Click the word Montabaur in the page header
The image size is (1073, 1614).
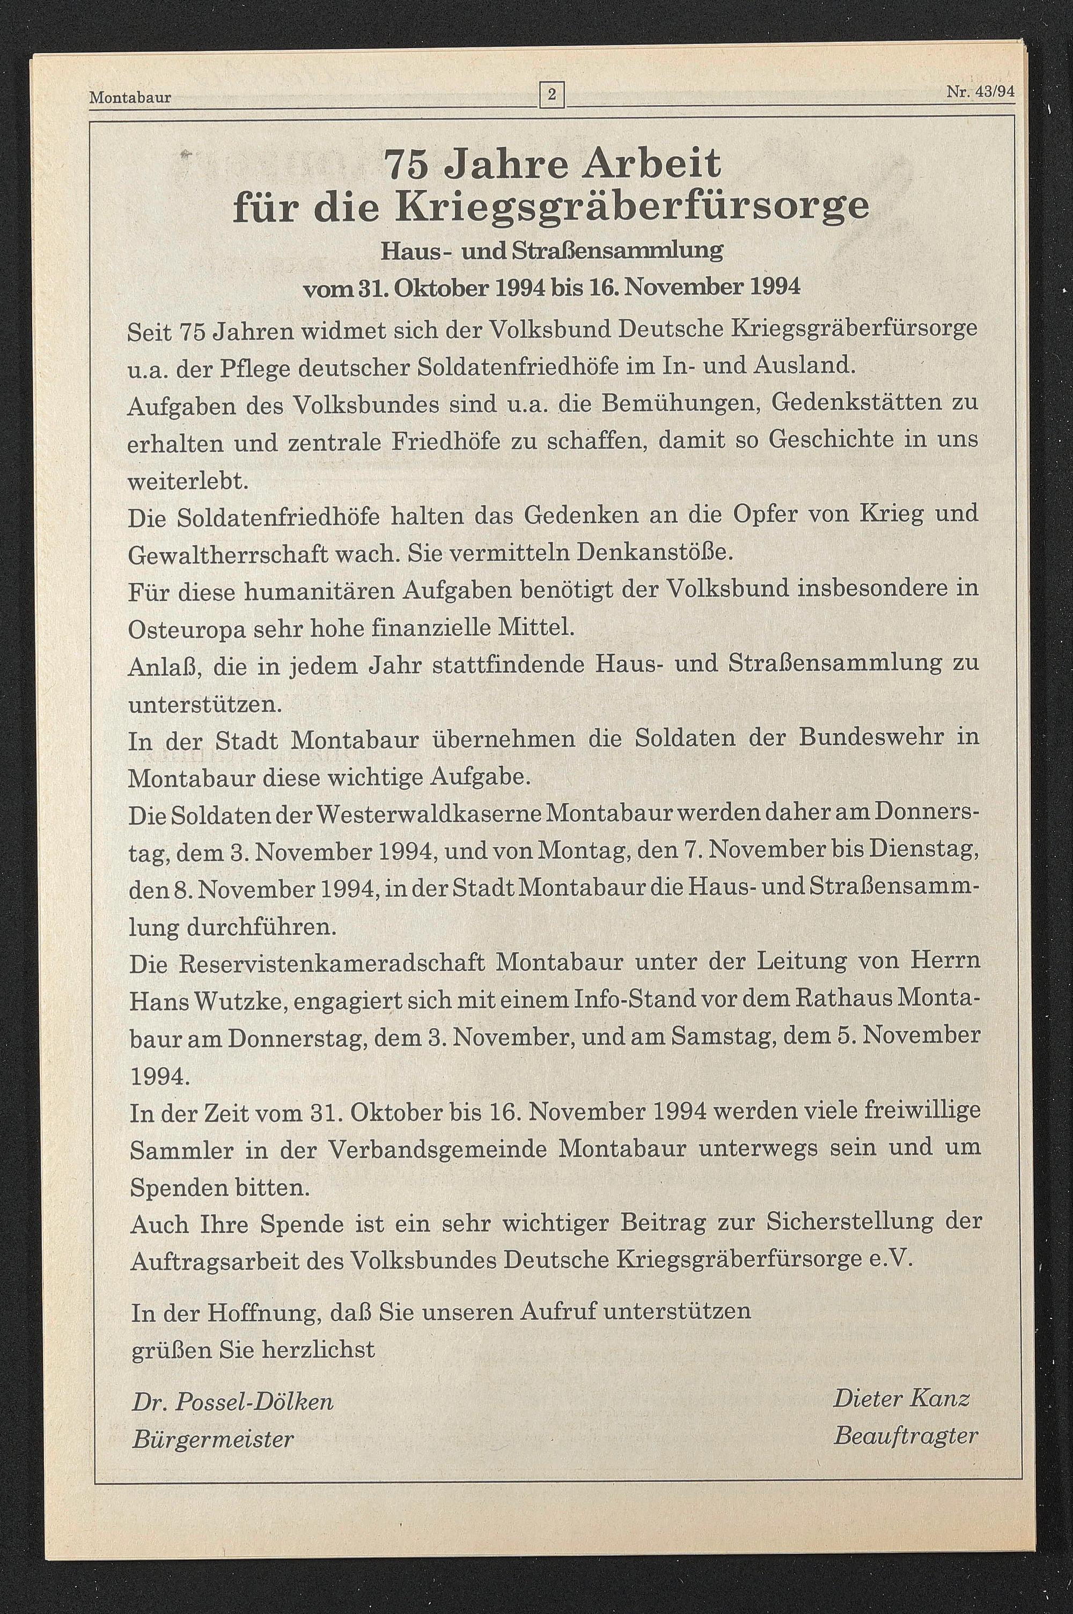(x=130, y=98)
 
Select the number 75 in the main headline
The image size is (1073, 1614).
(x=408, y=164)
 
